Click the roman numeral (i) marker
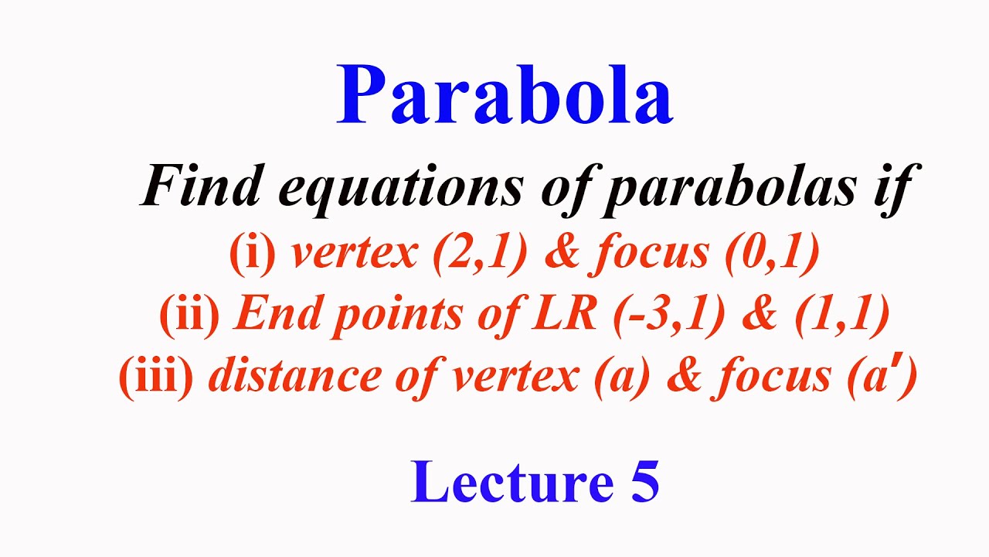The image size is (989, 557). [x=252, y=255]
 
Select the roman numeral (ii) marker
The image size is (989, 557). [x=189, y=315]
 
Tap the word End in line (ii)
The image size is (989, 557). [x=268, y=315]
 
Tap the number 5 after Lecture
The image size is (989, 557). [x=644, y=481]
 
